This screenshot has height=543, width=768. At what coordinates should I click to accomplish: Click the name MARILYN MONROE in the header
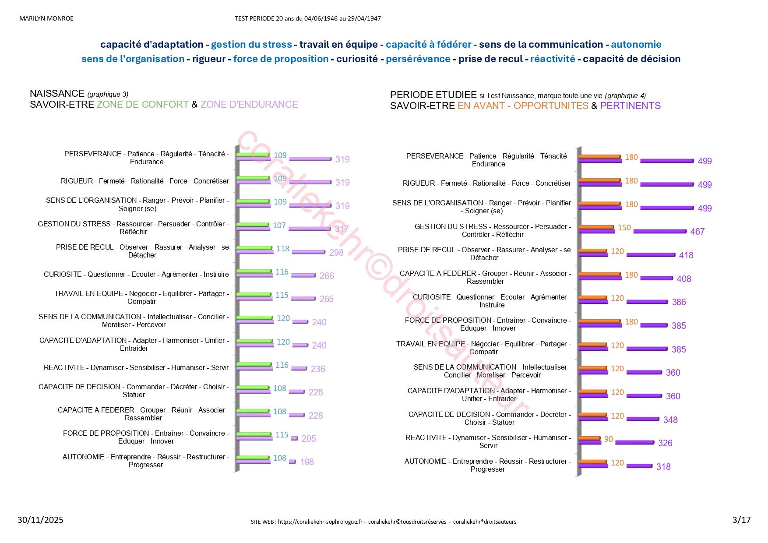pos(46,18)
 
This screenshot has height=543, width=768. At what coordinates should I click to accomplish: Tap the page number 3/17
pos(741,520)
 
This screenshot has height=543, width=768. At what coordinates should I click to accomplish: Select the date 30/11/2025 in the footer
pos(40,520)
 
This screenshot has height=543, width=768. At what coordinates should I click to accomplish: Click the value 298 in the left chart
pos(336,253)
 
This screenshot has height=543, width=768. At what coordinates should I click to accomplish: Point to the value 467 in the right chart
pos(697,232)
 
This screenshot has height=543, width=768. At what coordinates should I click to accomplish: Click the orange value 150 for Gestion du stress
pos(624,228)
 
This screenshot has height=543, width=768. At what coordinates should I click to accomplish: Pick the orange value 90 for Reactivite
pos(608,439)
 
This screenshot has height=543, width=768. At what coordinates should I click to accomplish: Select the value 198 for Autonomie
pos(306,462)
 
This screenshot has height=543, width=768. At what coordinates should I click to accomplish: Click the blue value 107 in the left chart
pos(279,226)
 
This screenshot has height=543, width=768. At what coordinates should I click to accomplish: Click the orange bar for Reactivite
pos(589,438)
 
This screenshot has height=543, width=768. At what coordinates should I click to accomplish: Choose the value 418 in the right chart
pos(686,255)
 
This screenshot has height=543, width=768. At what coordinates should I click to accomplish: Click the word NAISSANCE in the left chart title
pos(57,93)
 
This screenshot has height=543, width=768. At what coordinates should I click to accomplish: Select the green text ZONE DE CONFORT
pos(142,105)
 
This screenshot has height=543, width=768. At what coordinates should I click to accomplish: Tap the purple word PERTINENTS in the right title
pos(630,106)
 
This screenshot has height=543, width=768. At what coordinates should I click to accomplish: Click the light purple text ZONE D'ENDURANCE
pos(249,105)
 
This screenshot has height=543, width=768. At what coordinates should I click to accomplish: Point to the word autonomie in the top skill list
pos(636,45)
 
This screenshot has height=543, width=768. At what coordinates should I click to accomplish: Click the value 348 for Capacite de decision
pos(670,420)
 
